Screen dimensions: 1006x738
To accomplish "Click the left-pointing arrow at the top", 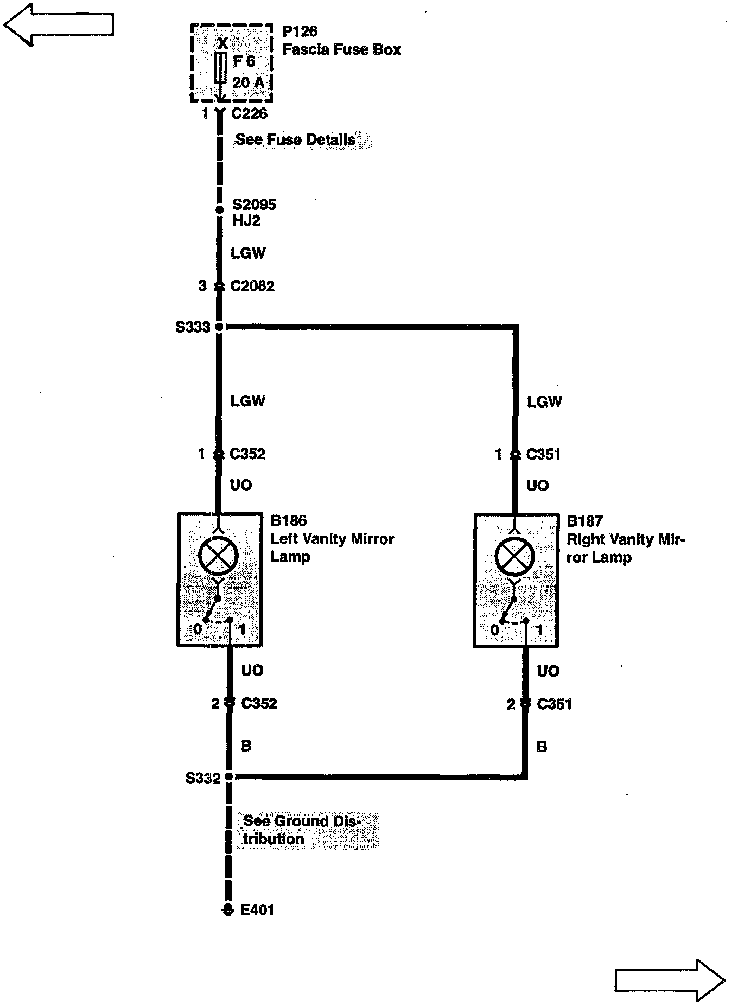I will click(x=59, y=25).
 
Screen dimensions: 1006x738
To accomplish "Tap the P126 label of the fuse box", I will click(x=300, y=31).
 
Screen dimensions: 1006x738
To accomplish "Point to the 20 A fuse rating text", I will click(x=248, y=82).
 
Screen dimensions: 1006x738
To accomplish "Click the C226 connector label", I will click(x=249, y=114).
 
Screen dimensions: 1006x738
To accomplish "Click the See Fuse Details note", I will click(x=296, y=139).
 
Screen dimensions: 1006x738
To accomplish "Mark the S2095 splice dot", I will click(x=220, y=210).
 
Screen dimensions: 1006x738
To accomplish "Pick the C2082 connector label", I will click(x=252, y=286).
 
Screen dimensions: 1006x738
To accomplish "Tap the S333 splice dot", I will click(x=219, y=327).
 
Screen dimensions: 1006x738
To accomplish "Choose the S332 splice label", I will click(x=203, y=778).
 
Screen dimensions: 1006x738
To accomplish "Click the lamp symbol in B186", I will click(x=218, y=557).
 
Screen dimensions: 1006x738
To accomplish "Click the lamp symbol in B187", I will click(x=515, y=557).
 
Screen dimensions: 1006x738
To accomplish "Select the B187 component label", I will click(x=584, y=521).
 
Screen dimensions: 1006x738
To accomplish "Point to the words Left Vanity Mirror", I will click(x=332, y=539).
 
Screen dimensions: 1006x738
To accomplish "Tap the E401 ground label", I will click(x=257, y=910).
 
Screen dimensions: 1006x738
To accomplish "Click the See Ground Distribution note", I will click(x=302, y=830).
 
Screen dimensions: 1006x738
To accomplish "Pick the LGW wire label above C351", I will click(x=544, y=402).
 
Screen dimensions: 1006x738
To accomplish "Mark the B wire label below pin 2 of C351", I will click(x=542, y=747).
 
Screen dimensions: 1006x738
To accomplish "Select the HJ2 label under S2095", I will click(x=246, y=221).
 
